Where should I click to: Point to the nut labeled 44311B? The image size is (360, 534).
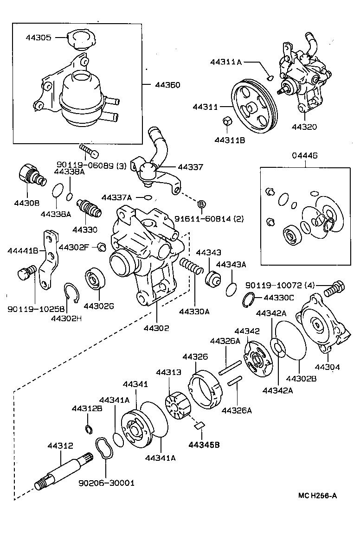pyautogui.click(x=228, y=122)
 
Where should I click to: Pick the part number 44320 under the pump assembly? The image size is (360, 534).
pyautogui.click(x=304, y=127)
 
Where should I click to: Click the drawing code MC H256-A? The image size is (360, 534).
pyautogui.click(x=317, y=495)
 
